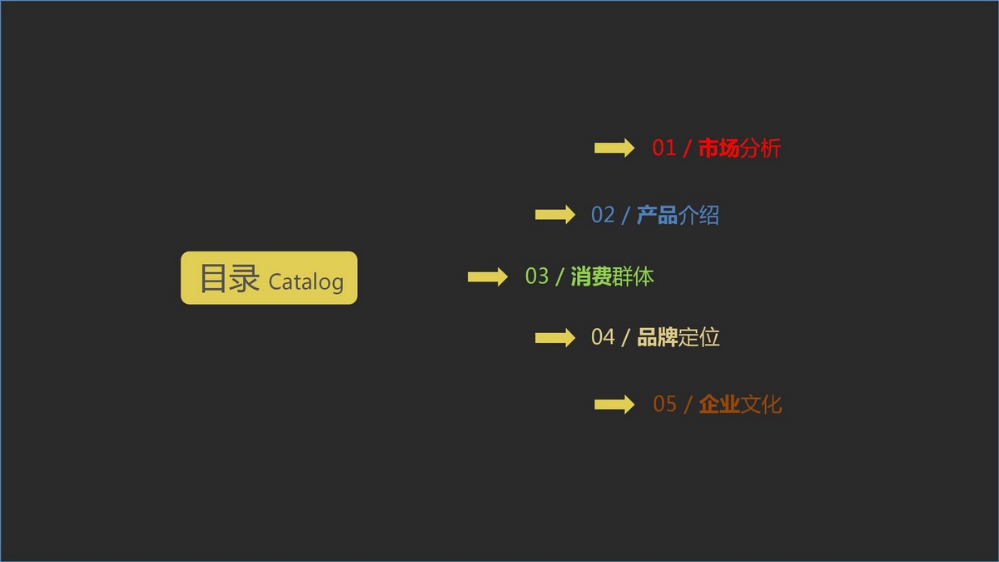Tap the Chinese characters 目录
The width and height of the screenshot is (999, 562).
tap(230, 278)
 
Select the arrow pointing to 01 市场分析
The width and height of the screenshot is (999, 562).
tap(614, 147)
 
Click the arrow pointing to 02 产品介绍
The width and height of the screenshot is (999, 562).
tap(554, 215)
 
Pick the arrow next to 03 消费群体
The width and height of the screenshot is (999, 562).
tap(488, 276)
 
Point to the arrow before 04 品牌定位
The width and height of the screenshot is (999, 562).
tap(554, 338)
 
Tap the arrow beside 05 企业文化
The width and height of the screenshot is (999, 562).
tap(614, 405)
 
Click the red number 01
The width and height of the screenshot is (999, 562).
tap(664, 147)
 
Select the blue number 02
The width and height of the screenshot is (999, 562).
tap(603, 215)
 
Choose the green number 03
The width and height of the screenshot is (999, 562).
tap(536, 276)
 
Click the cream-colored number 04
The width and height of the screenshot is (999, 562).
tap(603, 337)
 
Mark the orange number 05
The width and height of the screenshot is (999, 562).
tap(664, 404)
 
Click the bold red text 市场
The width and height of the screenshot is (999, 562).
tap(718, 148)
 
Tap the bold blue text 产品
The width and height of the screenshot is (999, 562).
tap(657, 215)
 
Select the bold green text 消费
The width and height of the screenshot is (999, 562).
tap(591, 276)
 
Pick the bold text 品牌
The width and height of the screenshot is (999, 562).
tap(658, 337)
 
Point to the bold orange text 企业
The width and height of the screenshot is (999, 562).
tap(719, 404)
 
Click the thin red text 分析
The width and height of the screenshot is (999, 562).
tap(760, 148)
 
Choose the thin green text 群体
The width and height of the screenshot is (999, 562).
tap(633, 276)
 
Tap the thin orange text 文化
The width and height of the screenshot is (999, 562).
tap(761, 404)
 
